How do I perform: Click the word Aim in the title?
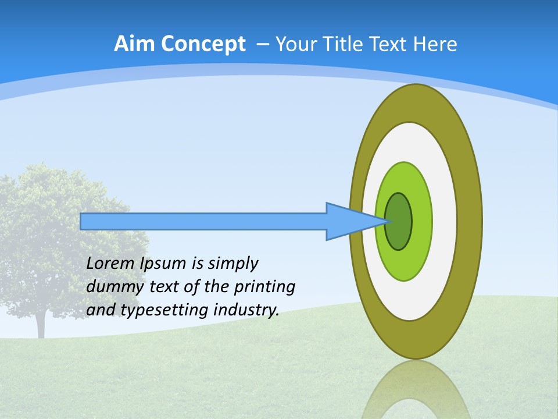(135, 44)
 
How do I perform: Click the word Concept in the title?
(203, 44)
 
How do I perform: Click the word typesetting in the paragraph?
(164, 310)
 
